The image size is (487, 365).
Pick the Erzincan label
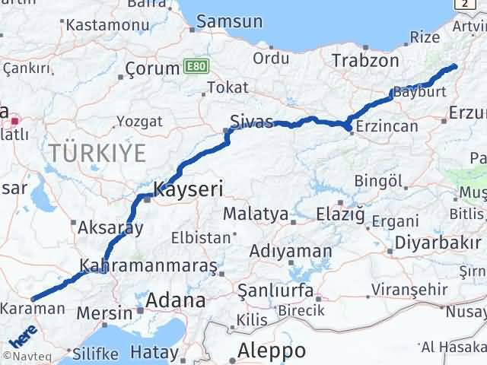click(x=387, y=126)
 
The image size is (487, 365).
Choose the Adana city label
click(x=176, y=300)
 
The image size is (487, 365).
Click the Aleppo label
click(x=272, y=351)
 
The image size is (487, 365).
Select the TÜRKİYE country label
click(x=97, y=153)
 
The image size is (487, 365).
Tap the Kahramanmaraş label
click(x=149, y=266)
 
